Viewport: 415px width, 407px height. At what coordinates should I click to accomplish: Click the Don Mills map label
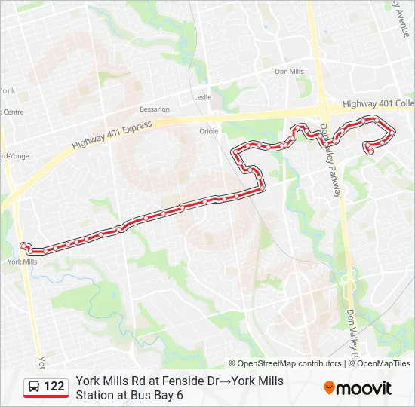click(289, 72)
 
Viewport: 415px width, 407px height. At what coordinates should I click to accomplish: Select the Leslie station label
click(203, 97)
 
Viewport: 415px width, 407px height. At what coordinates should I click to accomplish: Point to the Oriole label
click(208, 130)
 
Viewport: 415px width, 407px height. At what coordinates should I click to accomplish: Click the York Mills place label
click(22, 262)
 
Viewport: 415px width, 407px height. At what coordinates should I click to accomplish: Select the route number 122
click(54, 387)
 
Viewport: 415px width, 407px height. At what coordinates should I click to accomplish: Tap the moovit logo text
click(364, 388)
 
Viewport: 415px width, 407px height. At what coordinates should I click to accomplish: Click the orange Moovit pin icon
click(329, 387)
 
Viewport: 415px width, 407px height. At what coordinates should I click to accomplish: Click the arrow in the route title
click(225, 381)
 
